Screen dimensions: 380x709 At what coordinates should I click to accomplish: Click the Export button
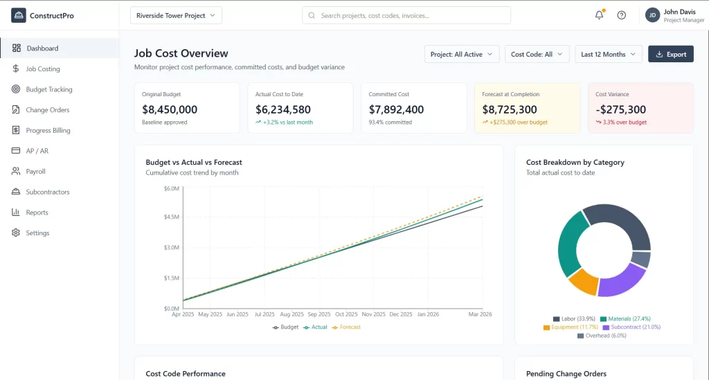pos(670,54)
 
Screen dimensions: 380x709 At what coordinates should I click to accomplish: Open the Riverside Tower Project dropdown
pos(176,15)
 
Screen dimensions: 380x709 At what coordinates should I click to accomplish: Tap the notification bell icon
pos(599,15)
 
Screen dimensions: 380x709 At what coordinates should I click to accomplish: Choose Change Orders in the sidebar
pos(47,110)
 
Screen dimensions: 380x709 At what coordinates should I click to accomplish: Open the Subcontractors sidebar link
pos(47,192)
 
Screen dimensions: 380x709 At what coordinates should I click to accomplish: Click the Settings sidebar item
pos(37,233)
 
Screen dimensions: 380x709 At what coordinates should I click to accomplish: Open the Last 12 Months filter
pos(608,54)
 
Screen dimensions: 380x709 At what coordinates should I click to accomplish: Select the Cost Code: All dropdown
pos(537,54)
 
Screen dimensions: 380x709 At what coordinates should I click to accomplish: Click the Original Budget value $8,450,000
pos(170,109)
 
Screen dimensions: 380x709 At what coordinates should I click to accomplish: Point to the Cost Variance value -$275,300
pos(620,109)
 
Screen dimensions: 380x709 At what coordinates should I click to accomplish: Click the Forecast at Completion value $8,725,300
pos(510,109)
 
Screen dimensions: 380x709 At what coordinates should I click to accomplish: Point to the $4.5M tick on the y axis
pos(171,217)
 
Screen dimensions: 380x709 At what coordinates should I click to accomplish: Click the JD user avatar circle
pos(652,15)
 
